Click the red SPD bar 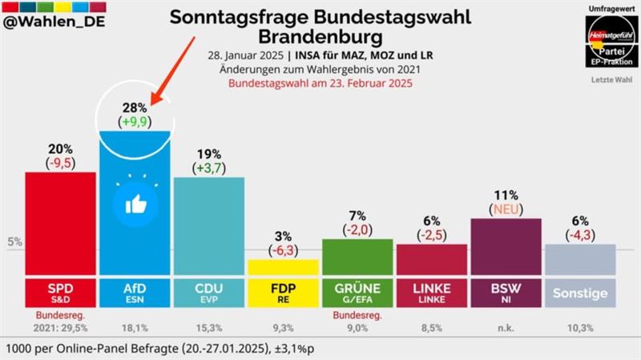point(61,224)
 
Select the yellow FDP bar point(284,268)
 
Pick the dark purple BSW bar point(506,247)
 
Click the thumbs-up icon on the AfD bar point(135,204)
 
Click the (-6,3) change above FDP point(284,249)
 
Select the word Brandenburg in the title point(320,37)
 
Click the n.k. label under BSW point(506,327)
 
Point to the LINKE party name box point(432,293)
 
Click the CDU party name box point(209,293)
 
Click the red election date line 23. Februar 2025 point(320,83)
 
